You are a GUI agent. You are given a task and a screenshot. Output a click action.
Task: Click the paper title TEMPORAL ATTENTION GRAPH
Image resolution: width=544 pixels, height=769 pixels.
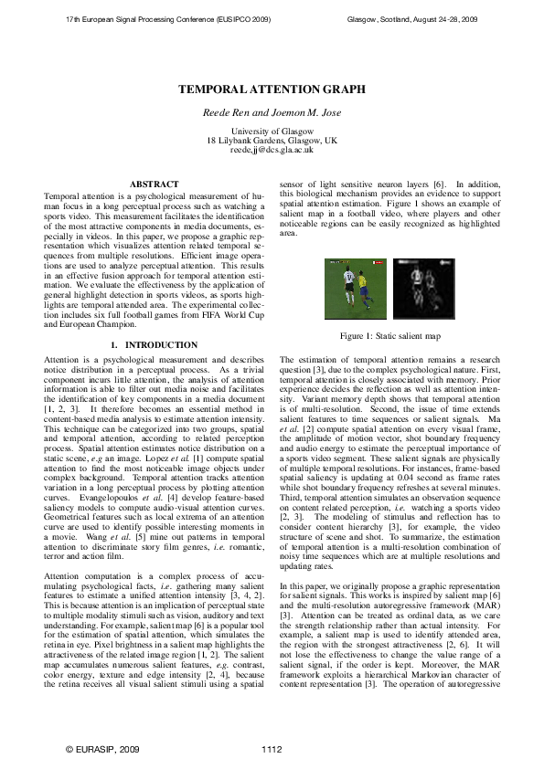coord(272,90)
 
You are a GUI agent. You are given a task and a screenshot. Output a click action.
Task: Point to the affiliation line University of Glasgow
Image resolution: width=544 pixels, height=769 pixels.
coord(272,132)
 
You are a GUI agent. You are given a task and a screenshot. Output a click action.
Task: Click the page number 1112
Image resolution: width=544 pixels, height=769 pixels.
coord(272,749)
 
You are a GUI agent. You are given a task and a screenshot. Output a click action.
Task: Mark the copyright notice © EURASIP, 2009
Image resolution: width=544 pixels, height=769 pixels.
coord(102,749)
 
